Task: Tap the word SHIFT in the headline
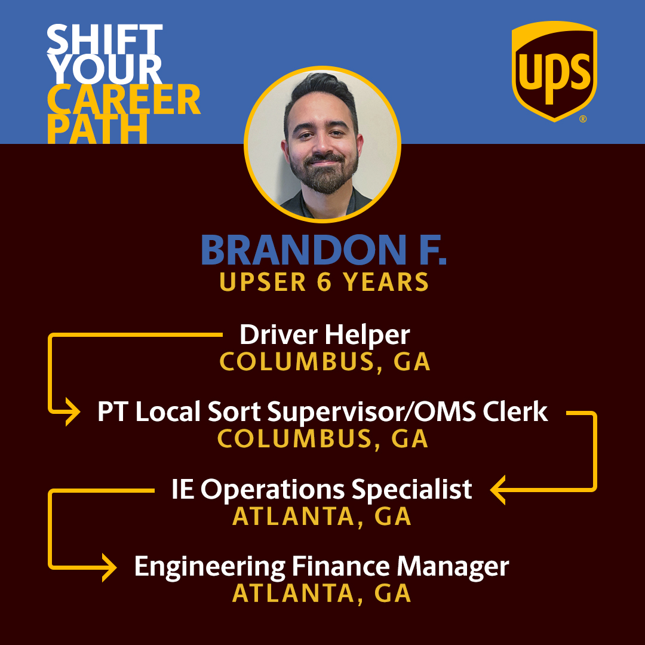coord(105,41)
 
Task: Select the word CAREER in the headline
coord(123,100)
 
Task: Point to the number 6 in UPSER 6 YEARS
coord(324,282)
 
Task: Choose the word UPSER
coord(262,282)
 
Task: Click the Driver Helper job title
coord(324,335)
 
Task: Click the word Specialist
coord(411,490)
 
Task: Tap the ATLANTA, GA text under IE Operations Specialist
coord(322,517)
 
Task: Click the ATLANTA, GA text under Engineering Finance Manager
coord(322,593)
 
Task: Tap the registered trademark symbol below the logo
coord(582,119)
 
